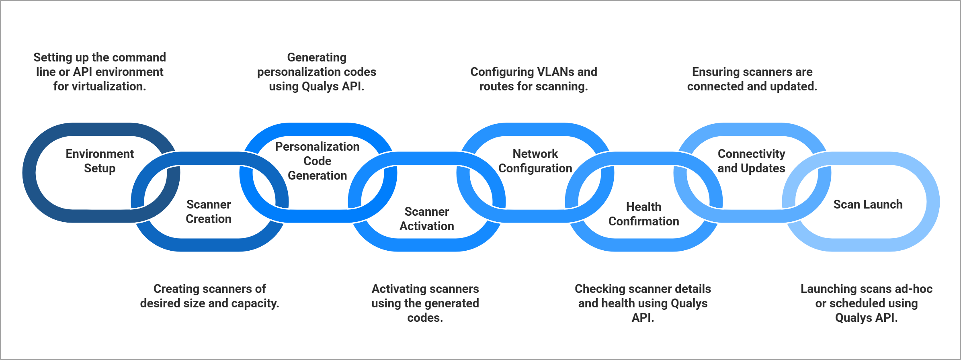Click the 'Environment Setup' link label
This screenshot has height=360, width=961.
point(100,161)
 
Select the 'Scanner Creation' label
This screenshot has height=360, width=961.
point(209,211)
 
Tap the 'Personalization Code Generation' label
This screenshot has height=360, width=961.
point(317,161)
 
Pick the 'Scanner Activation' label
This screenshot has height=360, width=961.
point(426,219)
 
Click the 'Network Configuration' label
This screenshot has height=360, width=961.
point(535,161)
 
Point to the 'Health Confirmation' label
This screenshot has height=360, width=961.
point(643,214)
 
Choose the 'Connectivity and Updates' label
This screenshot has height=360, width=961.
point(751,161)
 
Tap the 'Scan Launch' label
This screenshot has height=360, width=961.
point(868,204)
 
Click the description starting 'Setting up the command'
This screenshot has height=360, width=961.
point(100,72)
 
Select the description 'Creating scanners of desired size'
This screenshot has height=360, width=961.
point(209,296)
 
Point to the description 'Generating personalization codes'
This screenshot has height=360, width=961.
point(317,72)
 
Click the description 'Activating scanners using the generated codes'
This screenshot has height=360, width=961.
point(425,303)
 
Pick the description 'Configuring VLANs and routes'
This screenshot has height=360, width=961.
point(534,79)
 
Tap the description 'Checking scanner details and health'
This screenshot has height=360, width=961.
point(643,303)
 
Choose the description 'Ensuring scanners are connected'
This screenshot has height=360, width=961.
point(752,79)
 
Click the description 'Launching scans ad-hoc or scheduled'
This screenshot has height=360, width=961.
point(866,303)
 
